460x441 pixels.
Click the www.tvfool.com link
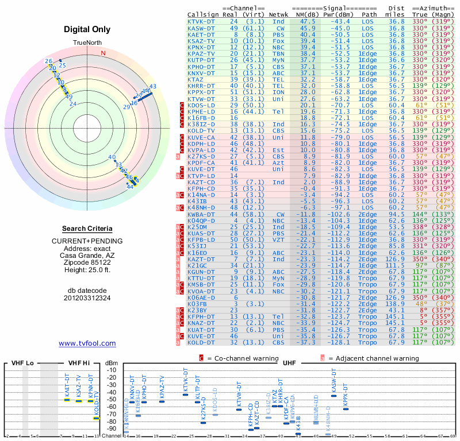pyautogui.click(x=87, y=343)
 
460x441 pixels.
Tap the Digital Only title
pyautogui.click(x=87, y=29)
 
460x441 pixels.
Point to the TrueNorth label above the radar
pyautogui.click(x=87, y=44)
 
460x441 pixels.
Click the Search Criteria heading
pyautogui.click(x=87, y=229)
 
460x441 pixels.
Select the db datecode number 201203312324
pyautogui.click(x=87, y=298)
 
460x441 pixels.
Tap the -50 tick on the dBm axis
pyautogui.click(x=110, y=400)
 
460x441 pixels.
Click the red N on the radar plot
pyautogui.click(x=103, y=53)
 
